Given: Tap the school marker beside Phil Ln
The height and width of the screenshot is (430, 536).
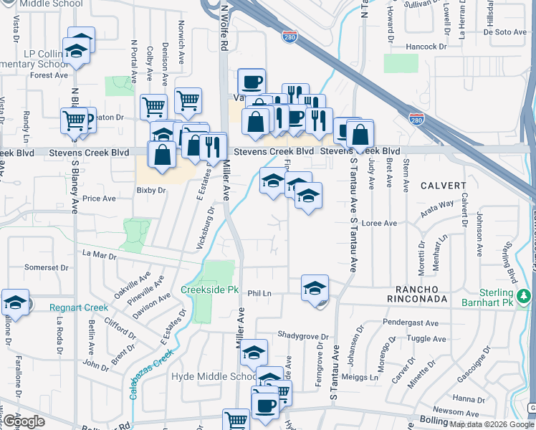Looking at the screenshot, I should (315, 288).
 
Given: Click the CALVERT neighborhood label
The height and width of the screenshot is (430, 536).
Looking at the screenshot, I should (443, 185).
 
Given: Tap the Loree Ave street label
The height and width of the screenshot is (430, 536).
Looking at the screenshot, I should (380, 223).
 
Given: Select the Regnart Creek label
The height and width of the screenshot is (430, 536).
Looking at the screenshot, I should (79, 307).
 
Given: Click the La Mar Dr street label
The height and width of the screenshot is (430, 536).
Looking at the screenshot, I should (99, 254).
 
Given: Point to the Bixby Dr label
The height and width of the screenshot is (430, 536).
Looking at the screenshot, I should (150, 191).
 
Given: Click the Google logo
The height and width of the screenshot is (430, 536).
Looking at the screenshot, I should (24, 421).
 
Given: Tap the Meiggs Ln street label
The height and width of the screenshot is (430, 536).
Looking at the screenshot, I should (363, 377).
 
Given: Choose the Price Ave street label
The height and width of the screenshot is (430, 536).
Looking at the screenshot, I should (99, 199).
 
